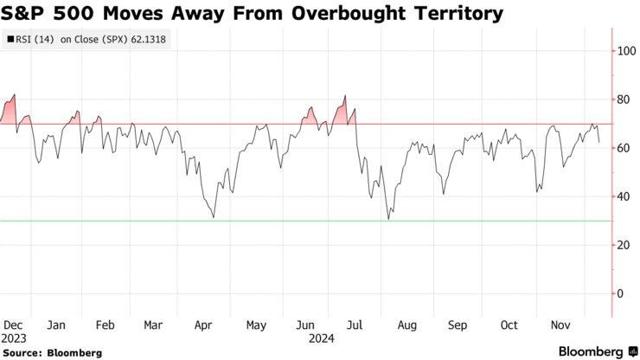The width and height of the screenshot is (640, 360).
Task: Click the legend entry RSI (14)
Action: pos(34,39)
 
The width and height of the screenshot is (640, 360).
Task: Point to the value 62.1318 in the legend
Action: pos(147,39)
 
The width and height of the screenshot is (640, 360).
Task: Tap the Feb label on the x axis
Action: pos(106,325)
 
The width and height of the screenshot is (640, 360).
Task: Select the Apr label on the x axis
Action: pos(203,325)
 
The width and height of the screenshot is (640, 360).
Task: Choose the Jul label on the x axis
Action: pos(355,325)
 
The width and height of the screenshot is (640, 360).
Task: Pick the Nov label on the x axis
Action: pos(560,325)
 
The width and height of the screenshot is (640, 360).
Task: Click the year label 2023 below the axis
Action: pos(13,337)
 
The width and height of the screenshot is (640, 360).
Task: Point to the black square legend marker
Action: pos(10,39)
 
